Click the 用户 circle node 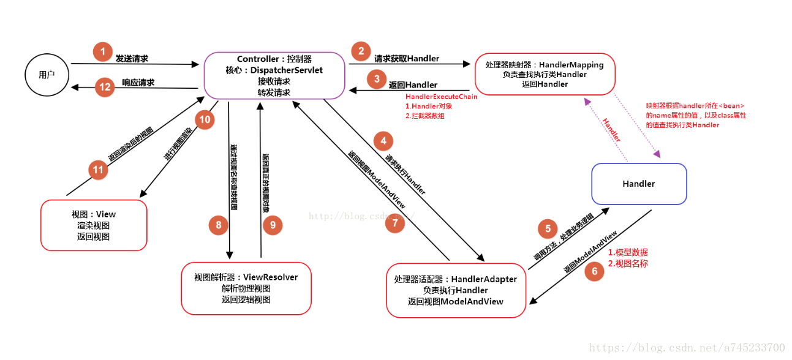[x=47, y=75]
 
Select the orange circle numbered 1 [x=103, y=51]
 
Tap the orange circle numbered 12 [x=105, y=87]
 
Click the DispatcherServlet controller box [x=274, y=75]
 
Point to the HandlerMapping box [x=545, y=74]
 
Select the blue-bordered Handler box [x=639, y=184]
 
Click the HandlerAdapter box [x=456, y=290]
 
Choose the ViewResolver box [x=246, y=288]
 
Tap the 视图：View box [x=94, y=225]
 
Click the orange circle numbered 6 [x=594, y=272]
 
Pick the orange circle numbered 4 [x=383, y=141]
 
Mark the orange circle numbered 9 [x=273, y=225]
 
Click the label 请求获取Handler [x=407, y=59]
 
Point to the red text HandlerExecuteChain [x=441, y=97]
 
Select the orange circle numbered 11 [x=99, y=170]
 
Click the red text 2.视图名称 [x=627, y=263]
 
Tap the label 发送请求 [x=132, y=59]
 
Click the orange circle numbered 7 [x=396, y=223]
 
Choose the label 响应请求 [x=138, y=83]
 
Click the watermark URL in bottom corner [x=687, y=348]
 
